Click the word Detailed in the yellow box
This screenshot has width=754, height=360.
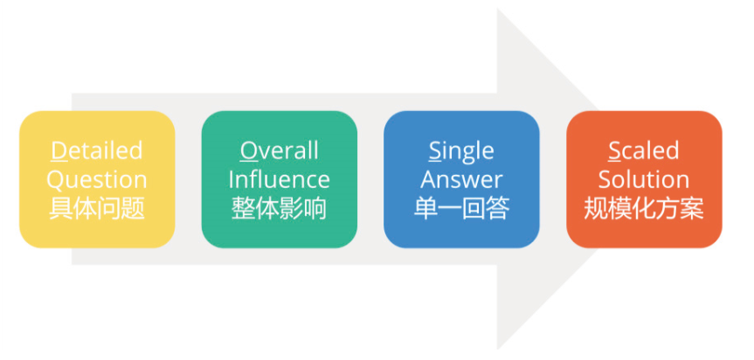point(96,150)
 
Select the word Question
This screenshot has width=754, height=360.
point(96,180)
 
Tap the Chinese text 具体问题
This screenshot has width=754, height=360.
point(96,210)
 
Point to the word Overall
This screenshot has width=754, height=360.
point(279,150)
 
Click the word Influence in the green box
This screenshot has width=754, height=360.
point(279,180)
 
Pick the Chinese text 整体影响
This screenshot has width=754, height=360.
point(279,210)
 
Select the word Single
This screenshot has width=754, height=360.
point(461,150)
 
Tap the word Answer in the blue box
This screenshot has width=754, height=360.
point(461,180)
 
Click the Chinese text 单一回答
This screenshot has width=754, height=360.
point(461,210)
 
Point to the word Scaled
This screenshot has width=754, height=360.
point(644,150)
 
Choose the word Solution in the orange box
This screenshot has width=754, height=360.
point(644,180)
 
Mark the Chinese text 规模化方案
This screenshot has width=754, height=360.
point(644,210)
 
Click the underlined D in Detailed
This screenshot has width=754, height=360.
point(59,150)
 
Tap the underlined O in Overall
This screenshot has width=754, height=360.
point(248,150)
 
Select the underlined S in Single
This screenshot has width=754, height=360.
point(434,150)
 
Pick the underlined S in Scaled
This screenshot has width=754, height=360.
point(615,150)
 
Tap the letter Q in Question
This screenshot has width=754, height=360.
point(55,180)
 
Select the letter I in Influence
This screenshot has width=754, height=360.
point(232,180)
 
